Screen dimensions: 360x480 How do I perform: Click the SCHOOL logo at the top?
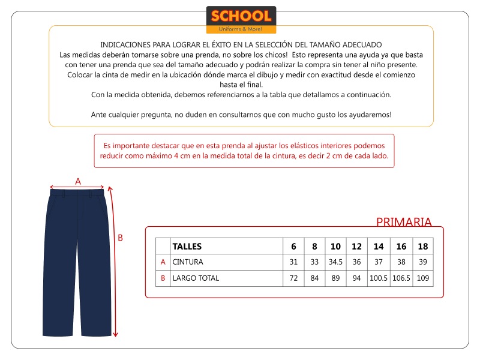pos(241,19)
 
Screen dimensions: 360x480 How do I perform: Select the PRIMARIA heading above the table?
pos(404,222)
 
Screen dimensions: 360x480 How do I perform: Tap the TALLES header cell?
pos(187,246)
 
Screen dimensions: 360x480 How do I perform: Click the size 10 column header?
pos(335,246)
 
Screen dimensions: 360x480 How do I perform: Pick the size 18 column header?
pos(422,246)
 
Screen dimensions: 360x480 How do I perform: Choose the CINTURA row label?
pos(188,262)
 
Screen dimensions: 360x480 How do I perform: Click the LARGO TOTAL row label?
pos(196,278)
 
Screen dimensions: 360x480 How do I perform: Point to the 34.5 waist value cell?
pos(335,262)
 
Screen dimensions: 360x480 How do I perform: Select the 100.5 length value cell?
pos(379,278)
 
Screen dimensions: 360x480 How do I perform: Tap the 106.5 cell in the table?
pos(401,278)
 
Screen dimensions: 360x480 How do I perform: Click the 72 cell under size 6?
pos(293,278)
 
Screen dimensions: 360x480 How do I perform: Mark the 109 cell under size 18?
pos(422,278)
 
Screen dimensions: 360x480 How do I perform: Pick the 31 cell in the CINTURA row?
pos(293,262)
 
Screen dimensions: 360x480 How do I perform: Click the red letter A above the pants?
pos(77,181)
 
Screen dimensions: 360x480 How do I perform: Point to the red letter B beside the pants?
pos(120,238)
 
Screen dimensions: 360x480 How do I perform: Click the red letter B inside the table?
pos(163,278)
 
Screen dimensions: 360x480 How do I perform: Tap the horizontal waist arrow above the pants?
pos(77,187)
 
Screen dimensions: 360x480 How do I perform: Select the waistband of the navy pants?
pos(77,193)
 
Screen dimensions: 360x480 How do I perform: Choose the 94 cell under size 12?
pos(356,278)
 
